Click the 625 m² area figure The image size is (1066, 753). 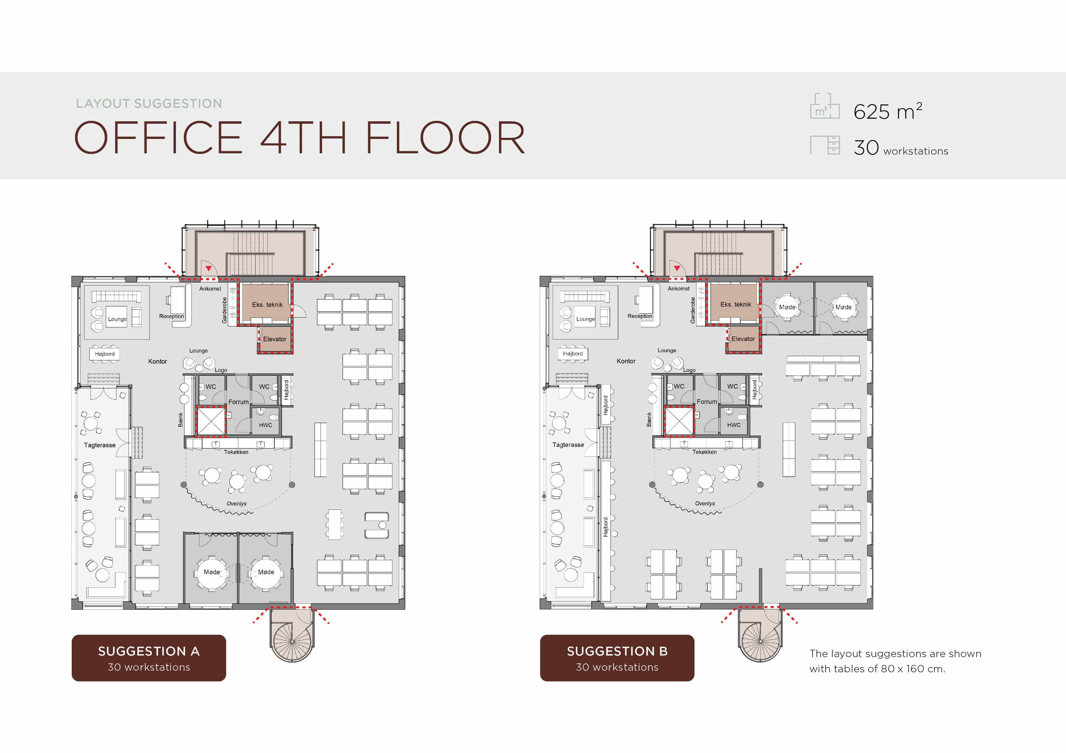(x=887, y=111)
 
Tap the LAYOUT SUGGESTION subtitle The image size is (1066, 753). (x=149, y=104)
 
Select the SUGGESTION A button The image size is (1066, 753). (x=149, y=658)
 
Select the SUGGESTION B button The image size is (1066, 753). (x=617, y=658)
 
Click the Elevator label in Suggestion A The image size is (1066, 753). (x=275, y=339)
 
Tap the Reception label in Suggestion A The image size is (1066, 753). (x=171, y=316)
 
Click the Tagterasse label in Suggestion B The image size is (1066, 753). (x=568, y=445)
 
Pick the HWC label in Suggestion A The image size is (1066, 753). (x=266, y=425)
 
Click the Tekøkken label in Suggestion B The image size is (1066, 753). (x=704, y=452)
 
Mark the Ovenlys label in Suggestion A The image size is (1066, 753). (x=237, y=503)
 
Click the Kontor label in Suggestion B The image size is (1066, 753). (x=626, y=361)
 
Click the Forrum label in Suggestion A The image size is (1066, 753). (x=239, y=402)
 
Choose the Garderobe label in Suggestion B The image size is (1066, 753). (x=693, y=310)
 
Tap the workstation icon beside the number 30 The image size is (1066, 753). (x=825, y=145)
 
